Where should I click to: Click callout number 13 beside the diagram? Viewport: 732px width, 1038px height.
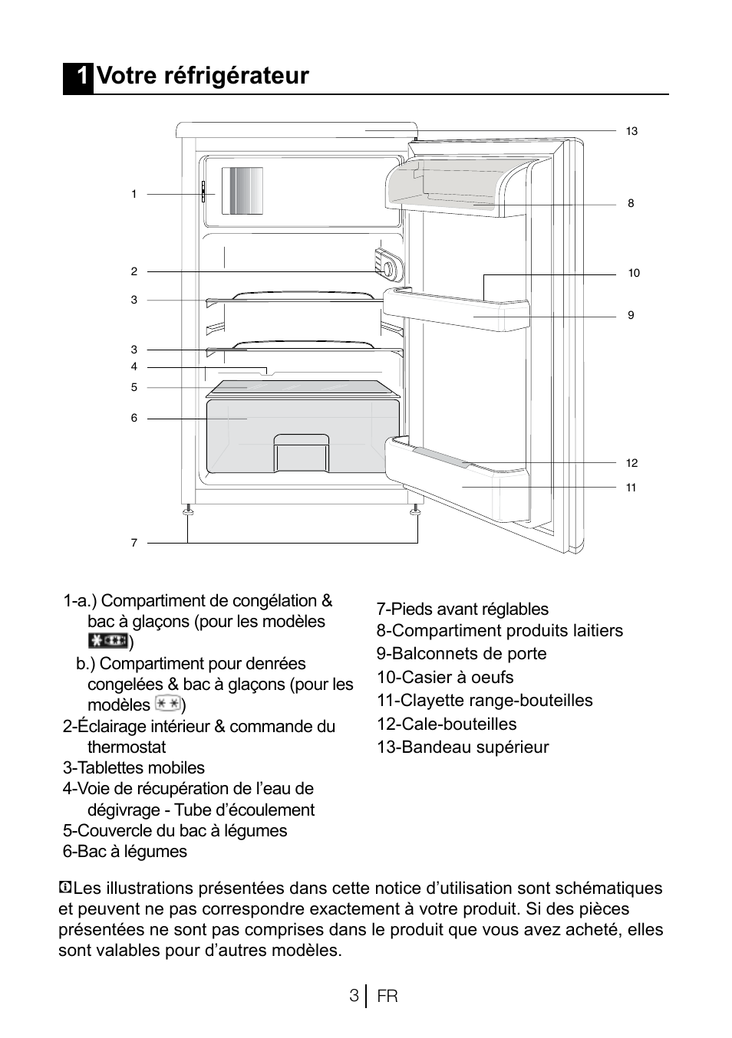pyautogui.click(x=631, y=131)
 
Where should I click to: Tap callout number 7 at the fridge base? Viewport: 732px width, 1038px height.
pyautogui.click(x=134, y=543)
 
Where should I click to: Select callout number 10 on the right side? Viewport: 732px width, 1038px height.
pyautogui.click(x=634, y=273)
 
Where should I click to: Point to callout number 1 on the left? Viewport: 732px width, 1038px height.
pyautogui.click(x=134, y=194)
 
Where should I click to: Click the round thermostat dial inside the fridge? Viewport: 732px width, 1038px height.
pyautogui.click(x=390, y=269)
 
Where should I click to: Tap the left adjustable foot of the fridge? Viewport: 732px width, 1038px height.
pyautogui.click(x=187, y=510)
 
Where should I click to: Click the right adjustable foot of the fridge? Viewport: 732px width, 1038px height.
pyautogui.click(x=415, y=510)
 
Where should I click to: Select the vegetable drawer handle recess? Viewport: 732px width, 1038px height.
pyautogui.click(x=302, y=452)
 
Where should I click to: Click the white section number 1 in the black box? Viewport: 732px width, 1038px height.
pyautogui.click(x=79, y=76)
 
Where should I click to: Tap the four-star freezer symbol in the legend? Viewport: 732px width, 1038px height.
pyautogui.click(x=107, y=642)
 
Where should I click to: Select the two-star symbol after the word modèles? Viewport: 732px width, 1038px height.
pyautogui.click(x=167, y=704)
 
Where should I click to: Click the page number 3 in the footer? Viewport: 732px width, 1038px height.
pyautogui.click(x=353, y=996)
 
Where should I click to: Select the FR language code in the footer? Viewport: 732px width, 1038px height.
pyautogui.click(x=387, y=997)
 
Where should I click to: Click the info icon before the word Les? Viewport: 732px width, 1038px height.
pyautogui.click(x=65, y=888)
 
